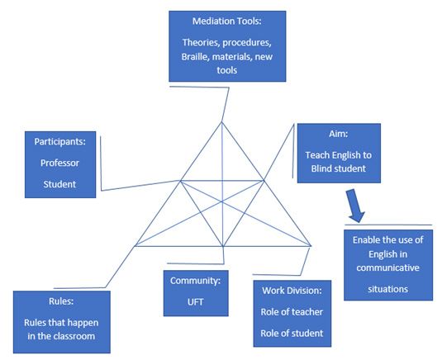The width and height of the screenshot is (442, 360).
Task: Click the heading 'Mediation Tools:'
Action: coord(227,21)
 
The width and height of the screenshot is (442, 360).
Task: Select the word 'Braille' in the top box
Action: coord(195,57)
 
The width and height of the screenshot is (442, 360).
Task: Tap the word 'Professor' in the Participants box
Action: coord(59,163)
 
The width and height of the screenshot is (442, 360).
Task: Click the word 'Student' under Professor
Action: coord(59,184)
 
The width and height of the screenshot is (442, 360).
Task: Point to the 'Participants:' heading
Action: coord(59,141)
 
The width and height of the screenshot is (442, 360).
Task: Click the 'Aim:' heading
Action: coord(338,134)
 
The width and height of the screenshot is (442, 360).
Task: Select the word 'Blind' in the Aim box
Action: coord(321,168)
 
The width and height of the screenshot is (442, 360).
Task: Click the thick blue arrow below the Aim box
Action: coord(355,206)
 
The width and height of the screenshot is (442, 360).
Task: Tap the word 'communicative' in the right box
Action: coord(387,268)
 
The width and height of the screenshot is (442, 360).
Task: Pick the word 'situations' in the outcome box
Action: coord(387,289)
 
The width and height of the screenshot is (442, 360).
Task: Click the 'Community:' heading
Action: coord(195,281)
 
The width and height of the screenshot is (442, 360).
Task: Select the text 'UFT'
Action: coord(195,302)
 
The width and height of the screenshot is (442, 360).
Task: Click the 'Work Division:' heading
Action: coord(292,291)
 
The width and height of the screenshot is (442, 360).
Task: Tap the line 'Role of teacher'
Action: coord(292,312)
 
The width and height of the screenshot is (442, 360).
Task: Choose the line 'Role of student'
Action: coord(292,334)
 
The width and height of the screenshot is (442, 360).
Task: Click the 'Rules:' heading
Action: coord(61,301)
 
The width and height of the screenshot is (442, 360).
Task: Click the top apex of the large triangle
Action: coord(222,122)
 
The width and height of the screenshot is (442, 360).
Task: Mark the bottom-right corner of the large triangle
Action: coord(311,246)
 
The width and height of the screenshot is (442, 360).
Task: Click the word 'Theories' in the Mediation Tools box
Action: coord(201,43)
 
